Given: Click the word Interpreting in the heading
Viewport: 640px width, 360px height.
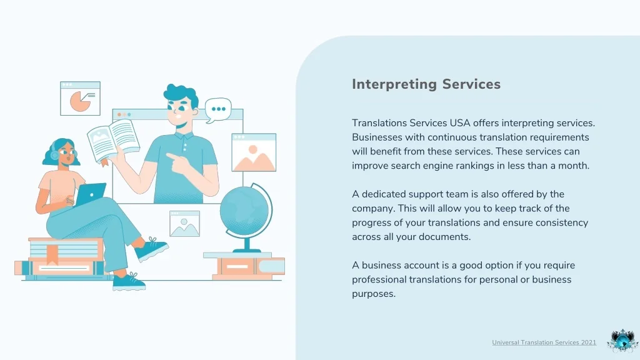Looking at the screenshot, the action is [x=394, y=84].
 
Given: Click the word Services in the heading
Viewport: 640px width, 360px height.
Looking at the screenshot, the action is [x=471, y=84].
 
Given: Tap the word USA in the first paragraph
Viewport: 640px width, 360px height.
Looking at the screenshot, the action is [x=460, y=123].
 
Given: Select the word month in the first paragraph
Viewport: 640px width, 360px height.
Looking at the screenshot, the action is [x=575, y=166].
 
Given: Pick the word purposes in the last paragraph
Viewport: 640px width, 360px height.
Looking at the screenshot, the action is [x=374, y=294].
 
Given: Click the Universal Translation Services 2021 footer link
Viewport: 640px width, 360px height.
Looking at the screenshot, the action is [x=544, y=342].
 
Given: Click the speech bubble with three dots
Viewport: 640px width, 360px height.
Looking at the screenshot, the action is [x=218, y=109].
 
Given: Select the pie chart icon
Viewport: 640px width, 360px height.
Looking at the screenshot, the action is [x=80, y=98].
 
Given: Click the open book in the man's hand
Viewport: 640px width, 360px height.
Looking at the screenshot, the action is [x=113, y=141].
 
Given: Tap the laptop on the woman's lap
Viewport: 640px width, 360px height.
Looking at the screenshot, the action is [x=90, y=194].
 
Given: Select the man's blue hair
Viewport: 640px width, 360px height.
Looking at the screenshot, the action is [x=181, y=95].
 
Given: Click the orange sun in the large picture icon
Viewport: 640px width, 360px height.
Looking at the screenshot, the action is [x=253, y=149].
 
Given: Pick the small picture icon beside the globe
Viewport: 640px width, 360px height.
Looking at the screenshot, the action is [x=184, y=224].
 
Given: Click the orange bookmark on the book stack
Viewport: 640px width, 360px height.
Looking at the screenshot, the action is [x=52, y=254].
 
